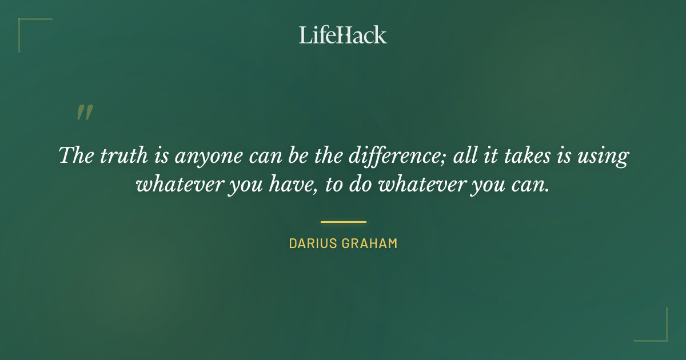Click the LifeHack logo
(343, 35)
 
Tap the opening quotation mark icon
(85, 113)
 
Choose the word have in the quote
(304, 185)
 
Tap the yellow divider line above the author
(343, 222)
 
